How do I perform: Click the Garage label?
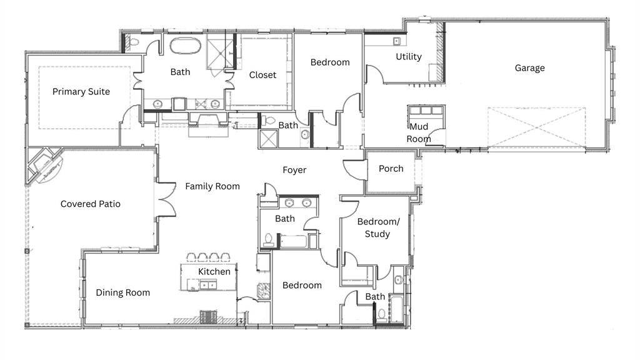click(529, 68)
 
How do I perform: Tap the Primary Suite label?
click(81, 92)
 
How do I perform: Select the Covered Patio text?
click(90, 204)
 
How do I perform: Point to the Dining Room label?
click(123, 292)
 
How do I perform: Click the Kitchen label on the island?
click(214, 272)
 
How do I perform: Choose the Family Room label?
click(212, 186)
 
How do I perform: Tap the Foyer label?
click(294, 170)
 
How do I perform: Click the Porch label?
click(391, 169)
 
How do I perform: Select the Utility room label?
click(409, 57)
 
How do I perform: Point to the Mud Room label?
click(419, 132)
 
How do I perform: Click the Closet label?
click(262, 75)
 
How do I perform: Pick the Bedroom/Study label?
click(378, 227)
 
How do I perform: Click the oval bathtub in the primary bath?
click(185, 46)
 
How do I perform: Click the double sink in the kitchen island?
click(208, 284)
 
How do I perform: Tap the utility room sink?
click(396, 41)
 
